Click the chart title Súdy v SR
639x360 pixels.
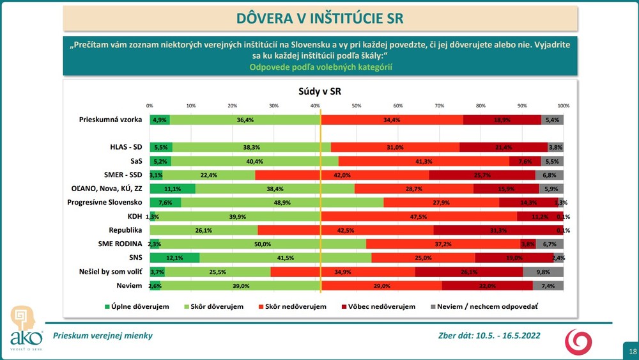point(320,91)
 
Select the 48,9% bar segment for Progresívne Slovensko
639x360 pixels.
point(282,203)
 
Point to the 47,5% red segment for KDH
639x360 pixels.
point(419,216)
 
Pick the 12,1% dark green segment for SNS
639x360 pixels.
point(174,258)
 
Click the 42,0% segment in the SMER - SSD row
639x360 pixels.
point(342,175)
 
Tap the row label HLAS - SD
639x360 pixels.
point(126,147)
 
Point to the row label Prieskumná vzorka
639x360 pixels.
point(111,120)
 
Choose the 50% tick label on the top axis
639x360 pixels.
point(357,106)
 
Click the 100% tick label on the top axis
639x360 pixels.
point(563,106)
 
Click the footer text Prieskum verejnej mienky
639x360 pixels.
point(103,336)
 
